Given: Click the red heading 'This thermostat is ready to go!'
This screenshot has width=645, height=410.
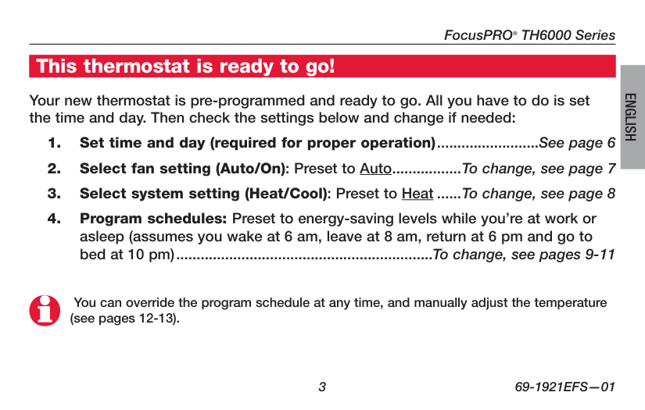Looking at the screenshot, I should click(185, 66).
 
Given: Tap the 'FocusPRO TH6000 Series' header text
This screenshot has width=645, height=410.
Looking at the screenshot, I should click(529, 35).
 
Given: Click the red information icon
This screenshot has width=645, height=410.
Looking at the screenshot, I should click(44, 310).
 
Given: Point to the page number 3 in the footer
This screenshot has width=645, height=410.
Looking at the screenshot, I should click(321, 387).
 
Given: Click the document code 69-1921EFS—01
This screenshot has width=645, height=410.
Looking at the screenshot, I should click(565, 387).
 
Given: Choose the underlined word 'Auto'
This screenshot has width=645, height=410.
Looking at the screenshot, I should click(375, 169).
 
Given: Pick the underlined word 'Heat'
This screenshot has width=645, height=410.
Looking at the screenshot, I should click(417, 194).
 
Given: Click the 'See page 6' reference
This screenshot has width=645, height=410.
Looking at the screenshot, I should click(577, 143).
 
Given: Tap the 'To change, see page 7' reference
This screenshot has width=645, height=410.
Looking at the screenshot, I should click(539, 169).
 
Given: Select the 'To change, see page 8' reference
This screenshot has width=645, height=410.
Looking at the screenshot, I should click(539, 194).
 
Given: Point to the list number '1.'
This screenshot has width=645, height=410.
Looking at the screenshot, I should click(54, 143).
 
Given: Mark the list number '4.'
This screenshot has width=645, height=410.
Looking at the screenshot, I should click(54, 219).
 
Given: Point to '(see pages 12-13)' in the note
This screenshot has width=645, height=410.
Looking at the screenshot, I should click(124, 319).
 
